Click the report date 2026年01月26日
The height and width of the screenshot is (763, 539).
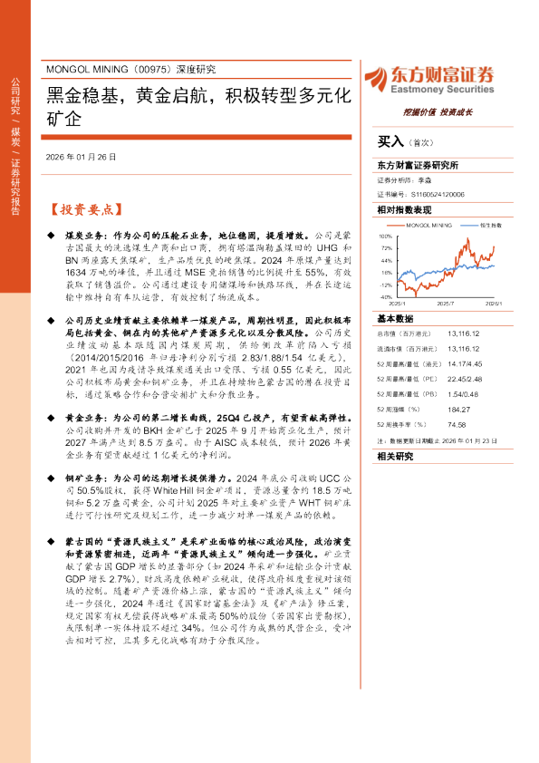[x=81, y=156]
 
